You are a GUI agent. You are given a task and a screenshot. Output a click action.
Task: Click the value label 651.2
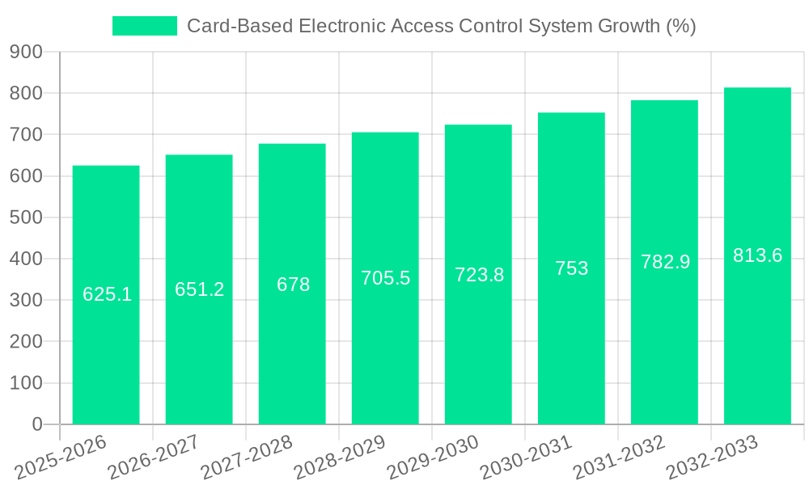pos(199,289)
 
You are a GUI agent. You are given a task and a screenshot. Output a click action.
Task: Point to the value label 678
pos(293,285)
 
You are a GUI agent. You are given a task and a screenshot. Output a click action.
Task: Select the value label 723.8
pos(479,275)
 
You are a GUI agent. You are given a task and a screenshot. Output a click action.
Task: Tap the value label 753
pos(571,268)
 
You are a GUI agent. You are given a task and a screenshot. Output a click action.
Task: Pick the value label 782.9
pos(665,262)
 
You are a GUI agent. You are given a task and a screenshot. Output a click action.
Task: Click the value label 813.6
pos(757,255)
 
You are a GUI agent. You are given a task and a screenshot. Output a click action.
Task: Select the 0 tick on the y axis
pos(36,424)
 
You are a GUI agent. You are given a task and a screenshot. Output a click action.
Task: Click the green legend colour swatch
pos(145,26)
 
